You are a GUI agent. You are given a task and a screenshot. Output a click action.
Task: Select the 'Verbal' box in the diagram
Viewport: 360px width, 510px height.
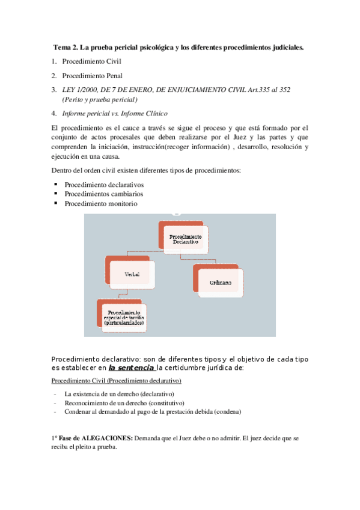[x=132, y=274]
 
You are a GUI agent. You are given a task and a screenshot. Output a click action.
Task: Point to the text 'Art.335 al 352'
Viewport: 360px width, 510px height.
[x=269, y=90]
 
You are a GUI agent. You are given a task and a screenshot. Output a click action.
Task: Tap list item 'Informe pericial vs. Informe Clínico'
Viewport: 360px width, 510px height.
[x=115, y=113]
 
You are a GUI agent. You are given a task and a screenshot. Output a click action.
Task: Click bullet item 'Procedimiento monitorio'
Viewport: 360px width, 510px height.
[x=101, y=203]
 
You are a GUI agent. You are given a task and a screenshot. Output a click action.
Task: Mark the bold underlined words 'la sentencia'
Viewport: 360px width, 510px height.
[x=131, y=367]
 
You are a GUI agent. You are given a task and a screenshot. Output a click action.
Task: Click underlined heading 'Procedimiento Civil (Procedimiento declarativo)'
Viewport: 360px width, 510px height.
[x=117, y=381]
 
